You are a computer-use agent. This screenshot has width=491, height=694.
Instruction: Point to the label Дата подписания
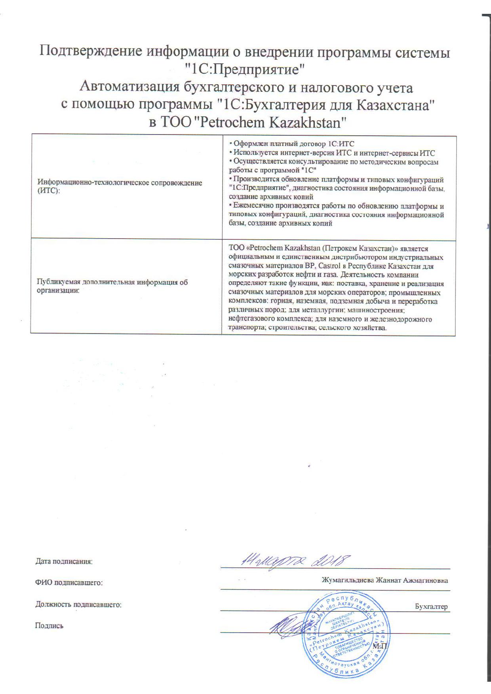coord(64,561)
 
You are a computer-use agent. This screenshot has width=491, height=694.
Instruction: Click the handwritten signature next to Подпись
coord(289,627)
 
